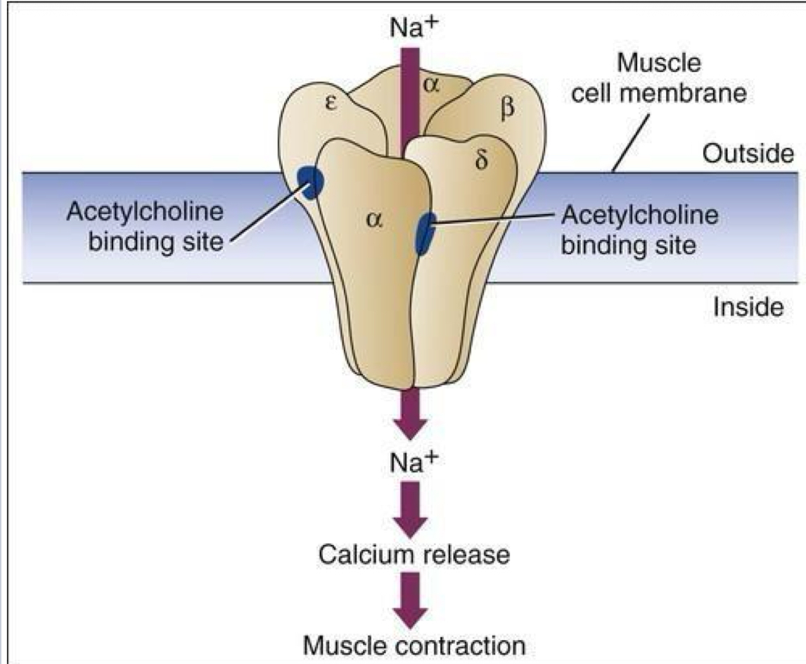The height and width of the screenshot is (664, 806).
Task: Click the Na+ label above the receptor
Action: (411, 27)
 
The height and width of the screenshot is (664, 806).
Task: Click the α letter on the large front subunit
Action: (373, 220)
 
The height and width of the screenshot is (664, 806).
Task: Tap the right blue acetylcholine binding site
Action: (424, 233)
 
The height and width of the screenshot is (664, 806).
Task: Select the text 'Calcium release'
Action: (412, 554)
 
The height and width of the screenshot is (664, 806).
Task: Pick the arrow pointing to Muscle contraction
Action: (411, 600)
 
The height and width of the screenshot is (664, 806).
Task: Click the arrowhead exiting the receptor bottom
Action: (411, 422)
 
